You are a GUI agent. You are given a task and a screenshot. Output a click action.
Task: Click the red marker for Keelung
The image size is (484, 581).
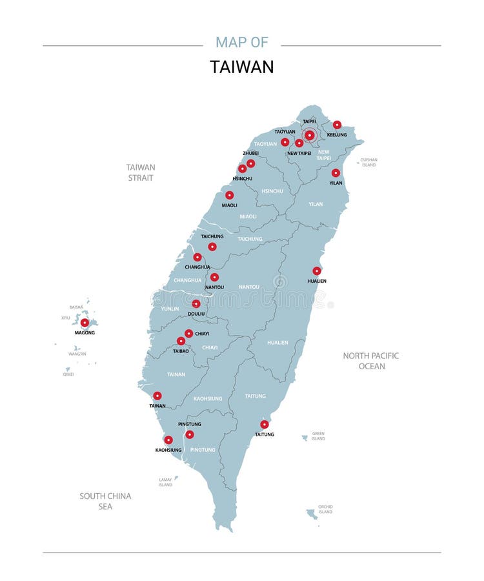click(x=337, y=125)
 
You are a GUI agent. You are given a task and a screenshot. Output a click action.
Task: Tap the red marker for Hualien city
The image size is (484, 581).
click(x=317, y=271)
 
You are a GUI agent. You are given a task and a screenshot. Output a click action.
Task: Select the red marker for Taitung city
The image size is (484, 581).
click(x=265, y=424)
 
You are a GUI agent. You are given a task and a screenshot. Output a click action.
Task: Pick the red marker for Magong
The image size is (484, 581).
click(x=85, y=322)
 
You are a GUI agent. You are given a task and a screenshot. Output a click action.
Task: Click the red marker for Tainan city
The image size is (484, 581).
click(x=157, y=396)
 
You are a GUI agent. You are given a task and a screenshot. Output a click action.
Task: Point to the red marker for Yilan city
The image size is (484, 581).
click(x=336, y=173)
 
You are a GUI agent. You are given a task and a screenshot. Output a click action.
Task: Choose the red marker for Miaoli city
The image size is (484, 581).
click(x=230, y=195)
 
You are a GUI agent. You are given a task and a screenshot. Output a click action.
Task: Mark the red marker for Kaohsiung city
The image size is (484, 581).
click(x=168, y=440)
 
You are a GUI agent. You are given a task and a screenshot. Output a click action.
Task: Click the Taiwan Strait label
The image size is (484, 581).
click(x=141, y=172)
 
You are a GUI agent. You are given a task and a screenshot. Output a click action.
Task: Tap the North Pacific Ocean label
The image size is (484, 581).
click(x=371, y=361)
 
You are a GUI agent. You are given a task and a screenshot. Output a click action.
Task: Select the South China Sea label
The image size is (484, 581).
click(x=105, y=501)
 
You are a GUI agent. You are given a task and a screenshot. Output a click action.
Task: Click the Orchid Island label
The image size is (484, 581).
click(x=325, y=509)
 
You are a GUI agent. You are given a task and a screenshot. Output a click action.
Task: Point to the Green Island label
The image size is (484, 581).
click(x=318, y=436)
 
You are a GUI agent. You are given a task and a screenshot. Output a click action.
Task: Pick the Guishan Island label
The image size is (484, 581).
click(x=368, y=162)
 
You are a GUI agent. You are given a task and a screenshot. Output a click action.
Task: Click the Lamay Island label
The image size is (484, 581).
click(x=166, y=482)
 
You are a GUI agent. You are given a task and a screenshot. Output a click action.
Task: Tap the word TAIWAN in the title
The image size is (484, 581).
click(x=242, y=67)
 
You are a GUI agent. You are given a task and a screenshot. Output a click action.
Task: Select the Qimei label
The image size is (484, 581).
click(x=68, y=374)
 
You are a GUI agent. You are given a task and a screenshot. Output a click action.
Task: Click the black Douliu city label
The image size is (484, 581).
click(x=196, y=314)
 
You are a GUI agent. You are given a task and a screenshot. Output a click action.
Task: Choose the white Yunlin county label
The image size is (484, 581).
click(x=170, y=309)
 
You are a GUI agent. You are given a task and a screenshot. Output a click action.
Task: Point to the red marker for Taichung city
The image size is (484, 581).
click(x=212, y=247)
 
